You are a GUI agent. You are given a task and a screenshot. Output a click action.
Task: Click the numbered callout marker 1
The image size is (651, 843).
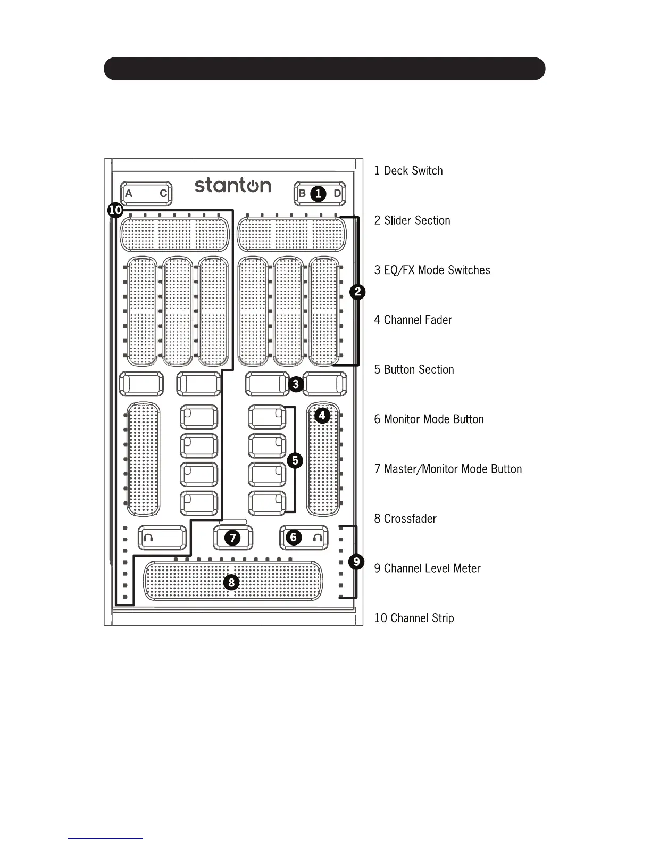[318, 194]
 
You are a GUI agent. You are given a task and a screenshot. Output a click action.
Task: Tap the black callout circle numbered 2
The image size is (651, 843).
[358, 292]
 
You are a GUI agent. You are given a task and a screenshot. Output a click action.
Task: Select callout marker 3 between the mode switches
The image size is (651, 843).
[296, 384]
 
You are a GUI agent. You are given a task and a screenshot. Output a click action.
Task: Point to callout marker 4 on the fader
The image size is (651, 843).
[322, 415]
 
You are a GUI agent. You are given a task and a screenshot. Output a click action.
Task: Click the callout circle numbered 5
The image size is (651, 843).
[295, 460]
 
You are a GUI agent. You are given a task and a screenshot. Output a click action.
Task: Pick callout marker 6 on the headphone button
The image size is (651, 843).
[294, 538]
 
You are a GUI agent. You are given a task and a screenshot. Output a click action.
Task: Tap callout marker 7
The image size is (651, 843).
[232, 538]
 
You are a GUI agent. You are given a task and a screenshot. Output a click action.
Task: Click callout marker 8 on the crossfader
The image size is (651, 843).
[231, 583]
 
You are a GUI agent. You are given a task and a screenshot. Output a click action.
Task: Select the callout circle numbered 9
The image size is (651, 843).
[356, 561]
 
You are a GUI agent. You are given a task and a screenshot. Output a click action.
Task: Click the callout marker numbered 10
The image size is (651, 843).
[115, 210]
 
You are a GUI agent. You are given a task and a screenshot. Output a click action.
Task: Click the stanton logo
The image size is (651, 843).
[233, 185]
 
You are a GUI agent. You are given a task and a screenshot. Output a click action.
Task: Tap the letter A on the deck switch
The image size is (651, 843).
[128, 194]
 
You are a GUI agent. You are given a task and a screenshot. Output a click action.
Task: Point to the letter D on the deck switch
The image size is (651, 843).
[337, 194]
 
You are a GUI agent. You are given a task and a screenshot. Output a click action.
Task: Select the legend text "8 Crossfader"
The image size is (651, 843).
[405, 519]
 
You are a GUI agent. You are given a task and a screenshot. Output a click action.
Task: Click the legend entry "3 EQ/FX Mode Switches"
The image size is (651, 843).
[432, 270]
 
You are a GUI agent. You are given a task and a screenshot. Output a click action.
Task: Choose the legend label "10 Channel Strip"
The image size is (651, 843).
[414, 618]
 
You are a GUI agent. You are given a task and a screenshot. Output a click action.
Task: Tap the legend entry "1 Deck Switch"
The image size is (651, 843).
[408, 171]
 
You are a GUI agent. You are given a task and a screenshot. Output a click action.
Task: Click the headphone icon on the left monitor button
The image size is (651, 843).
[148, 538]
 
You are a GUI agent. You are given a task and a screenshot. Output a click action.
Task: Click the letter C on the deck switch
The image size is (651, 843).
[164, 194]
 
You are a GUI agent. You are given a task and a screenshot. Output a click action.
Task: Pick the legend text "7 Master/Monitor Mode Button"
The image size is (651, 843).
[448, 469]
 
